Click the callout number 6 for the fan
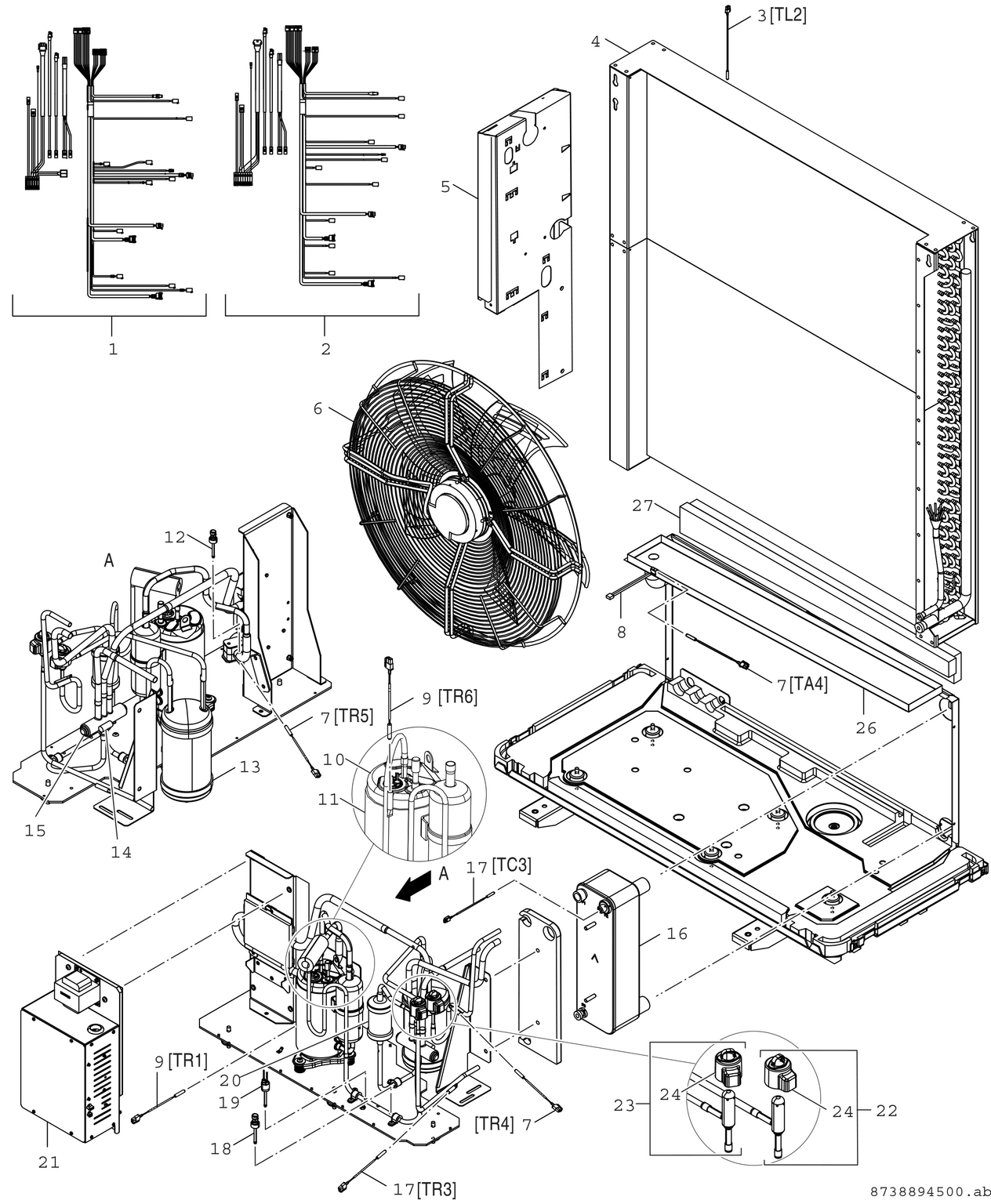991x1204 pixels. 318,409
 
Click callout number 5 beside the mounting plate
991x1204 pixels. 445,187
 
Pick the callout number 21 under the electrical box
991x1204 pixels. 49,1162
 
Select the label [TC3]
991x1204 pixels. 511,865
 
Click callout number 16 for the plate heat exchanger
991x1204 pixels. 677,933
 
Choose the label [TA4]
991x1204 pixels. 808,684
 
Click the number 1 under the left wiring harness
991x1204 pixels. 113,349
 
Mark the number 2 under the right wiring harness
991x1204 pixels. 325,349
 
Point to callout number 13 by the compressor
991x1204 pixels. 249,767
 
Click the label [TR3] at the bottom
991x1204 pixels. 436,1189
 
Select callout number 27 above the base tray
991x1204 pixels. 642,506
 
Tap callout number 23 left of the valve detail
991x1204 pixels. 624,1105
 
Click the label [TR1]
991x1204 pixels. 188,1061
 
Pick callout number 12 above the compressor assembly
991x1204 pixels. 175,537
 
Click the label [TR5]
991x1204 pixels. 353,715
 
